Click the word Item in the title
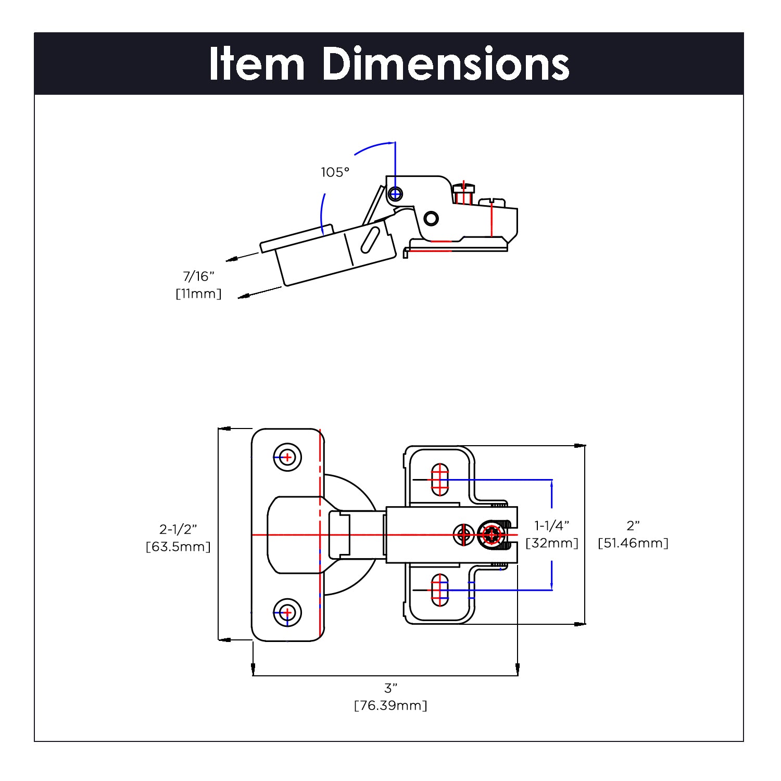pyautogui.click(x=257, y=64)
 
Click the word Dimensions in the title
pyautogui.click(x=446, y=64)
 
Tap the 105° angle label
pyautogui.click(x=335, y=172)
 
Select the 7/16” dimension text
pyautogui.click(x=198, y=276)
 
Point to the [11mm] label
pyautogui.click(x=198, y=294)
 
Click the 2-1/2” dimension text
pyautogui.click(x=178, y=530)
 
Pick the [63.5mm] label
pyautogui.click(x=178, y=547)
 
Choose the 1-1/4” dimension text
pyautogui.click(x=552, y=525)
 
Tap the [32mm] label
pyautogui.click(x=552, y=543)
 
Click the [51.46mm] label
pyautogui.click(x=633, y=543)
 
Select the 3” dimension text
pyautogui.click(x=391, y=688)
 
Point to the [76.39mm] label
pyautogui.click(x=391, y=706)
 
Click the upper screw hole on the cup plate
pyautogui.click(x=287, y=458)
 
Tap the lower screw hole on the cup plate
pyautogui.click(x=287, y=612)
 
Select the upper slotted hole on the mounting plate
pyautogui.click(x=440, y=480)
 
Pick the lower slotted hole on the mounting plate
pyautogui.click(x=440, y=590)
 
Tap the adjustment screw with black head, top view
pyautogui.click(x=492, y=535)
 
